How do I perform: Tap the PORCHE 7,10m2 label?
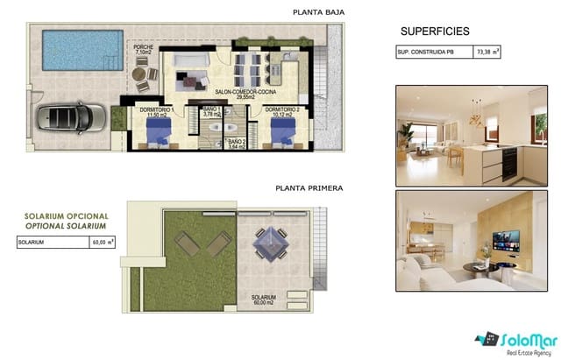click(x=145, y=50)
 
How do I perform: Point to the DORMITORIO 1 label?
click(x=156, y=112)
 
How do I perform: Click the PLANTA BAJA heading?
click(x=319, y=12)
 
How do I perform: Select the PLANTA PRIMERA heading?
click(x=308, y=187)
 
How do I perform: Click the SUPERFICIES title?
click(x=435, y=31)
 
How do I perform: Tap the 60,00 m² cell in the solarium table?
click(x=103, y=242)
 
